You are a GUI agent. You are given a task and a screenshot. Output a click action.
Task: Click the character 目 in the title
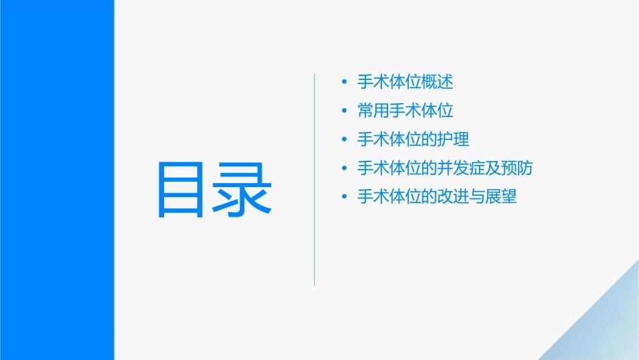click(x=181, y=189)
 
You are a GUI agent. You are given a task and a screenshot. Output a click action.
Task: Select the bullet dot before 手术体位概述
click(x=344, y=82)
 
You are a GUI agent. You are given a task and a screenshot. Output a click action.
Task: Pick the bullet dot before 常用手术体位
click(x=344, y=111)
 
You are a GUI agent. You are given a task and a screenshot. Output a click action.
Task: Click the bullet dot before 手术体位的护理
click(x=344, y=139)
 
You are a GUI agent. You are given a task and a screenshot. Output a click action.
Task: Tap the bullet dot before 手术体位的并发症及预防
click(x=344, y=168)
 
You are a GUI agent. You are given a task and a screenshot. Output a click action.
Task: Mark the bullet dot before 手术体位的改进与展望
click(x=344, y=197)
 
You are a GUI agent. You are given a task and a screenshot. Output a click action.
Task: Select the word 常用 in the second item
click(x=373, y=111)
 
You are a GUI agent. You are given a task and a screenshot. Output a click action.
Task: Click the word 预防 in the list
click(x=517, y=168)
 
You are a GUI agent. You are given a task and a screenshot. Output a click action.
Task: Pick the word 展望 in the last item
click(x=501, y=197)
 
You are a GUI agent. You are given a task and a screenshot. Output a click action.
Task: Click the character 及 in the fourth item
click(x=493, y=168)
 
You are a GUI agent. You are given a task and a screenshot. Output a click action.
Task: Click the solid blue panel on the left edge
click(x=57, y=180)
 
